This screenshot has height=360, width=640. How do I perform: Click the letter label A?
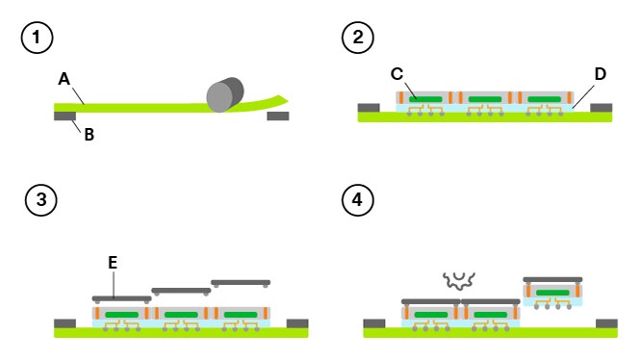pos(64,80)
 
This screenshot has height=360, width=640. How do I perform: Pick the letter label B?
pos(89,135)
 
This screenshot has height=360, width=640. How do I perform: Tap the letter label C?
pos(397,73)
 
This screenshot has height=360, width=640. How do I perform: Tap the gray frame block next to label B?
pos(65,116)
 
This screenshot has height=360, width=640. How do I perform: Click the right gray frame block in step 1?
pos(277,116)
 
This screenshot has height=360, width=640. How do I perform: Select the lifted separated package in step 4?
pos(553,292)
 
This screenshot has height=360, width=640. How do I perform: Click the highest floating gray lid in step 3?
pos(240,282)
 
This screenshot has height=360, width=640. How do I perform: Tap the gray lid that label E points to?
pos(120,298)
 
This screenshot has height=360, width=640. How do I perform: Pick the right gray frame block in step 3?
pos(297,322)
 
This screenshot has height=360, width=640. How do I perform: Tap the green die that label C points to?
pos(424,99)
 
